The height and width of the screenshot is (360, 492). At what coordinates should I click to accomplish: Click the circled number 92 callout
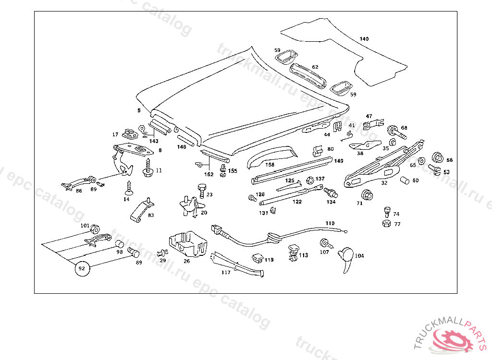pos(82,269)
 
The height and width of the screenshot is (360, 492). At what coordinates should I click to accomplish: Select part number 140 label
pos(364,38)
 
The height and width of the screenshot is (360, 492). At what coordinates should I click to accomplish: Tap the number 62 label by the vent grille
pos(315,67)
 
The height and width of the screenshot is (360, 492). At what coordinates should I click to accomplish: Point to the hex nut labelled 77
pos(385,224)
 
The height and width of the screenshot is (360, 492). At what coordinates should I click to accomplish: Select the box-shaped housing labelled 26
pos(187,244)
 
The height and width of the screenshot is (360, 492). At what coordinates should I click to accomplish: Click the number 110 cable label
pos(330,223)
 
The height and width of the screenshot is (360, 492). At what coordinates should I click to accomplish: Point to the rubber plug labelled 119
pos(258,258)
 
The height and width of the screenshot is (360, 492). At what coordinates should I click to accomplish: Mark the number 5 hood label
pos(139,111)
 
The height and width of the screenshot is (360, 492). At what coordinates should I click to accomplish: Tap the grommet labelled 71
pos(368,195)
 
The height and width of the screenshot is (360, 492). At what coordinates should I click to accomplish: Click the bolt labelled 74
pos(386,211)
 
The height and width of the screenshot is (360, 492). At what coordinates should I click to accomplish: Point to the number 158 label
pos(270,165)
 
